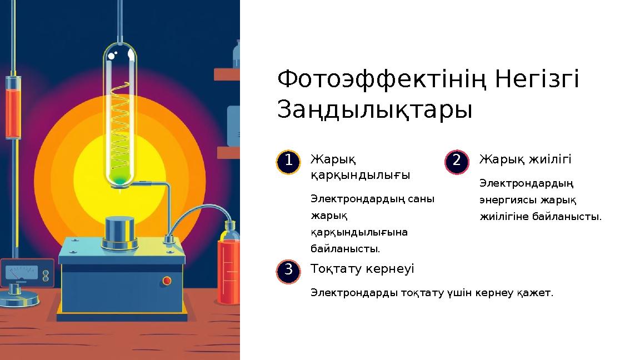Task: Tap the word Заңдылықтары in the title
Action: coord(374,109)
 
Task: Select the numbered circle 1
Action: coord(288,162)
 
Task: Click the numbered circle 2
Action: coord(457,162)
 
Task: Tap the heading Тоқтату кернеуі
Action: coord(362,269)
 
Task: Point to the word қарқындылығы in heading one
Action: coord(360,175)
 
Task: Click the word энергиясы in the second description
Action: coord(507,199)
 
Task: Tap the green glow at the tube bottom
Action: coord(119,177)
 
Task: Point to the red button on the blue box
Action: coord(166,281)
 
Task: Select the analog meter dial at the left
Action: coord(20,273)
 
